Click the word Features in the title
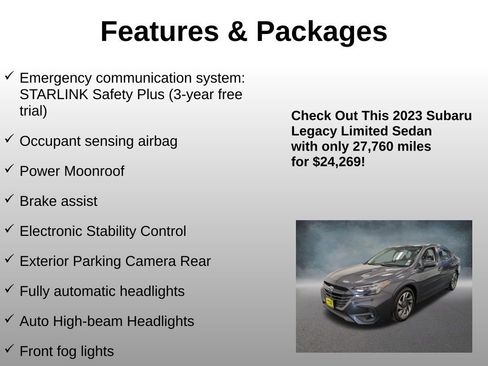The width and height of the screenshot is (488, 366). (x=158, y=32)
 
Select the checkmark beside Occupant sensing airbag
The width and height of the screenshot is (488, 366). (x=9, y=140)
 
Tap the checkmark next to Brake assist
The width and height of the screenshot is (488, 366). (x=9, y=200)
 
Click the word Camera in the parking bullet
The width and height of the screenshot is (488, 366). (x=153, y=261)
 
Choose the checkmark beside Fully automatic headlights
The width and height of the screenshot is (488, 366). (x=9, y=290)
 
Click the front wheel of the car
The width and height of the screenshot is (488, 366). (x=404, y=305)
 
